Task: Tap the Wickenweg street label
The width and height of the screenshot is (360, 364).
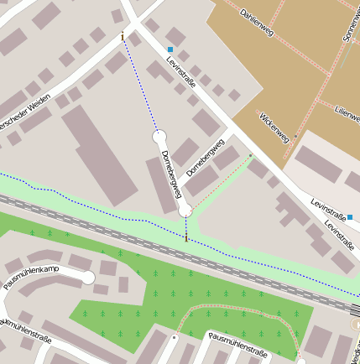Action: (x=274, y=126)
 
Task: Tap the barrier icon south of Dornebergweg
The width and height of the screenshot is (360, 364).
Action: (x=186, y=239)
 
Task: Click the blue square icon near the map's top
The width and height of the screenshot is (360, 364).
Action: (x=170, y=50)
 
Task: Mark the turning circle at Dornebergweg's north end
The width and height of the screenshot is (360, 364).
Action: (x=158, y=135)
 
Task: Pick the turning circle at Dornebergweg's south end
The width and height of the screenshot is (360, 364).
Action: (x=185, y=211)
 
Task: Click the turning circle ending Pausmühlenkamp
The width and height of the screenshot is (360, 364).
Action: (x=88, y=278)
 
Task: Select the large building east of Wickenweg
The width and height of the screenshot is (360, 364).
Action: (x=318, y=163)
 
